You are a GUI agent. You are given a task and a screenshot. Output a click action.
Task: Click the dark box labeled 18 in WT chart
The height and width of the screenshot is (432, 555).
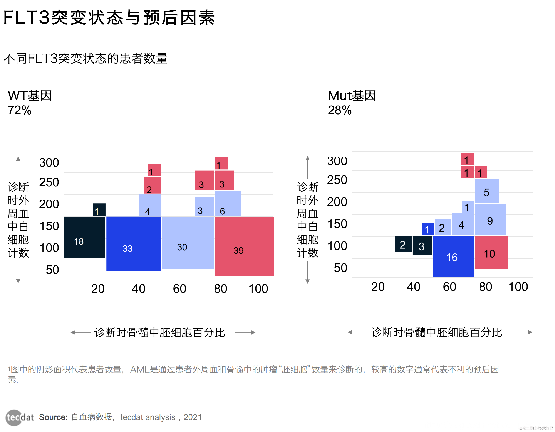point(84,238)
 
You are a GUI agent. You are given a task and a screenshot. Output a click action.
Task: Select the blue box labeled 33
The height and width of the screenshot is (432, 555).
point(133,244)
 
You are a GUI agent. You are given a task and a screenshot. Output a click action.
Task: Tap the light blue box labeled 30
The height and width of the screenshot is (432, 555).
point(188,243)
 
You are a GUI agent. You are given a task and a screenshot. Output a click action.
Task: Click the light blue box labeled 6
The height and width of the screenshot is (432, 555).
point(228,203)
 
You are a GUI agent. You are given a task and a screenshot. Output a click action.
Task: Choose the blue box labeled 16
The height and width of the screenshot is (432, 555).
point(453,256)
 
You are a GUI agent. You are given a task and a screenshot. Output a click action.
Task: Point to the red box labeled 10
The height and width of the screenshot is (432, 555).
point(491,252)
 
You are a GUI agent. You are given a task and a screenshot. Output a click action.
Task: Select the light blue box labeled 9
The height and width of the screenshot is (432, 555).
point(490,219)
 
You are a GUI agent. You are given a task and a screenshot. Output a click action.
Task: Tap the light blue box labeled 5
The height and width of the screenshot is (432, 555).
point(486,191)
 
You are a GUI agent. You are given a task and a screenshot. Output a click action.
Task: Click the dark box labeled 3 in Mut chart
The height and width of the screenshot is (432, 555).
point(422,245)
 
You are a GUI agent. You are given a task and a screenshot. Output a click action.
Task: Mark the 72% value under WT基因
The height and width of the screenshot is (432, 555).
point(20,110)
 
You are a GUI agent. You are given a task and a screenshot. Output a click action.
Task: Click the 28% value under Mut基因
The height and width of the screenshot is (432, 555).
point(340,110)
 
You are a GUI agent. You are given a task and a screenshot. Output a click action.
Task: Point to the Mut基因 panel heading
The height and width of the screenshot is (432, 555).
point(352,96)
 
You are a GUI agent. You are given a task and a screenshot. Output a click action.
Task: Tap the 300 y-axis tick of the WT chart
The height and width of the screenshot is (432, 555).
point(49,163)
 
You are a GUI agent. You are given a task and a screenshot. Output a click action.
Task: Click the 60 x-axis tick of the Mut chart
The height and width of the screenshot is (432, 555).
point(449,287)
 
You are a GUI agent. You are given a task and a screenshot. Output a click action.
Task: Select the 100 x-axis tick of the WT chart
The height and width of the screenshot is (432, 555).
point(258,289)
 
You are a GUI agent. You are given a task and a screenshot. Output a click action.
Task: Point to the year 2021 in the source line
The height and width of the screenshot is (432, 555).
point(193,417)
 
